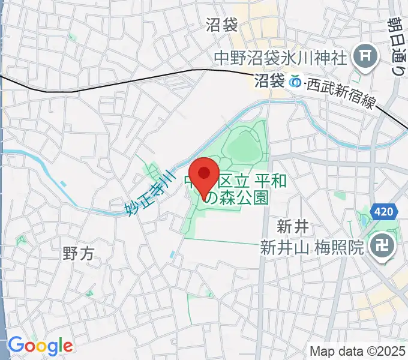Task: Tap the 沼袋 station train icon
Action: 295,81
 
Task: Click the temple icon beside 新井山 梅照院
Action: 380,246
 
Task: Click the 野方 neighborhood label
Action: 78,253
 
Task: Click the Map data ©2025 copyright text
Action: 358,350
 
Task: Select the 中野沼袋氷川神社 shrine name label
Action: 280,58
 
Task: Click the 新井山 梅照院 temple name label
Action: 312,247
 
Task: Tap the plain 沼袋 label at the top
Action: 222,25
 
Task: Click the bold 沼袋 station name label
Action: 269,81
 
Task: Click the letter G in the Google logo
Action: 16,345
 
